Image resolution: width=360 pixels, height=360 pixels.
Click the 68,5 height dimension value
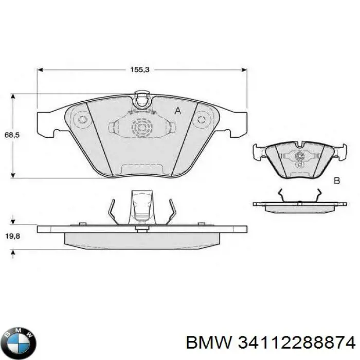pos(8,135)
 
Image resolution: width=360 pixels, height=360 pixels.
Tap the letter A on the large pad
pos(178,111)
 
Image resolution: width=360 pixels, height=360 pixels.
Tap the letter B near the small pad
pos(337,180)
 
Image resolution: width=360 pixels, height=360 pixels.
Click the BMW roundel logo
pos(20,340)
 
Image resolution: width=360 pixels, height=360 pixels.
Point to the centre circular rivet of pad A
pos(140,127)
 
